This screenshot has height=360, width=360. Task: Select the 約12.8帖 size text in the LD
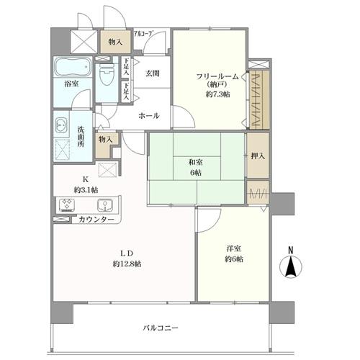[x=127, y=264]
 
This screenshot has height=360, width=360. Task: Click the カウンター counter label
[x=96, y=219]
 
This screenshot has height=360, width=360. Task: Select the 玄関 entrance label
[x=151, y=73]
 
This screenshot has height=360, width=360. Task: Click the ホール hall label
[x=149, y=115]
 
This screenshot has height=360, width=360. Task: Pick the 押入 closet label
[x=256, y=156]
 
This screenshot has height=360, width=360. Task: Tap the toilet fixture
[x=107, y=74]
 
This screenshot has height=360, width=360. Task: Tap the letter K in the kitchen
[x=85, y=179]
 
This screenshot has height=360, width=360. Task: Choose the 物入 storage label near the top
[x=114, y=42]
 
